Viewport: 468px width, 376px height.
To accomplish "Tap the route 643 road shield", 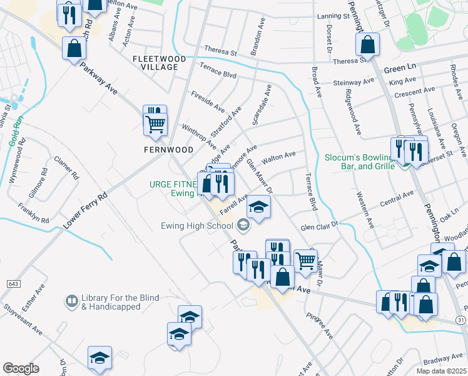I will (13, 284).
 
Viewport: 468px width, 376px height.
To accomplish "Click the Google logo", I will (21, 368).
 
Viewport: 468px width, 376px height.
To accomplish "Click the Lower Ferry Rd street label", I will (85, 210).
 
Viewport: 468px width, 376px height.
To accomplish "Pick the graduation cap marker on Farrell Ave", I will (258, 207).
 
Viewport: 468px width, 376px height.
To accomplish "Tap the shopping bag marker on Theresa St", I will (367, 45).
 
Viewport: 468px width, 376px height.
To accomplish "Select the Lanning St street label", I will (332, 16).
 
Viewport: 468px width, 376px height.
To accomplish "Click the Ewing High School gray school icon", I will (242, 225).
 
